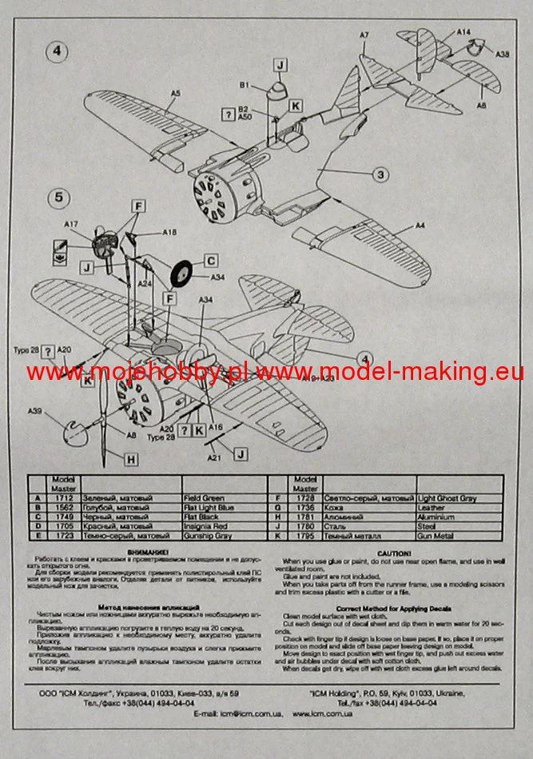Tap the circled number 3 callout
point(382,175)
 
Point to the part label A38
point(503,54)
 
